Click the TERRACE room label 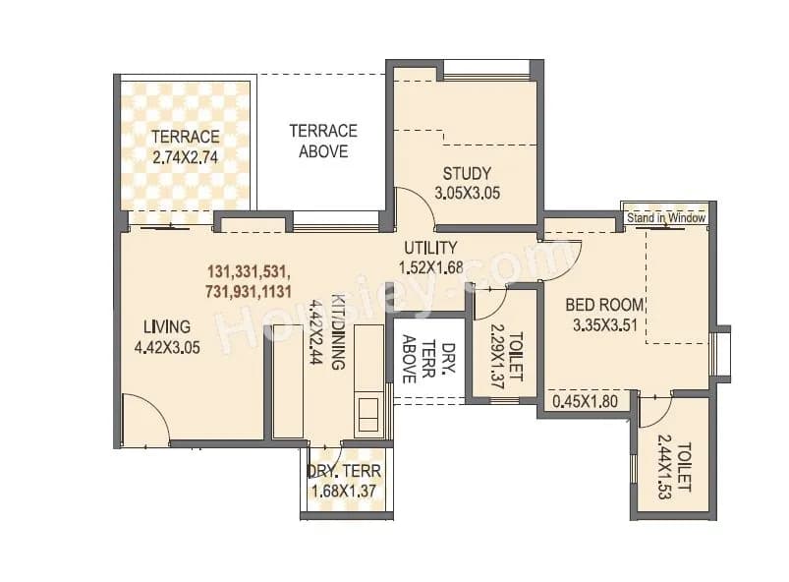coord(185,137)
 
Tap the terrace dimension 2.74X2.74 coord(185,156)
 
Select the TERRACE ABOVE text coord(322,141)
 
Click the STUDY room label coord(467,174)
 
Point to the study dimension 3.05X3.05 coord(467,194)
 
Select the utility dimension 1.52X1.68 coord(429,266)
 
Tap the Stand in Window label coord(665,218)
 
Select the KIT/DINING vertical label coord(337,331)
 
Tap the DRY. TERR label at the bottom coord(344,471)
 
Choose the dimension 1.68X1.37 coord(344,491)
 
